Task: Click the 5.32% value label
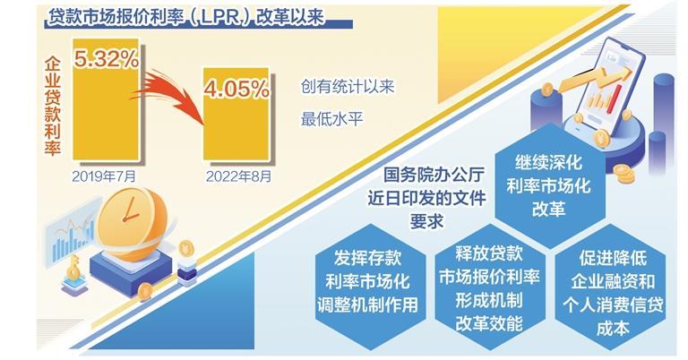(107, 59)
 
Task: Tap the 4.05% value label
(236, 89)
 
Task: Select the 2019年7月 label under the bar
(104, 176)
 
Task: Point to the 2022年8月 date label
(238, 176)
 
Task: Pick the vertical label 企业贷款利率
(53, 107)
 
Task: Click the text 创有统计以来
(348, 86)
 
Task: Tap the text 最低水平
(331, 118)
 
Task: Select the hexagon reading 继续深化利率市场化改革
(548, 186)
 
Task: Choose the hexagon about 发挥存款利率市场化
(367, 281)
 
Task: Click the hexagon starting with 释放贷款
(489, 288)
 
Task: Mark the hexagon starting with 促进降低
(613, 288)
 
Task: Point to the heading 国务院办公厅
(427, 175)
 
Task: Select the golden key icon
(72, 269)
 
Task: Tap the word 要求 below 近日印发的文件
(426, 220)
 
